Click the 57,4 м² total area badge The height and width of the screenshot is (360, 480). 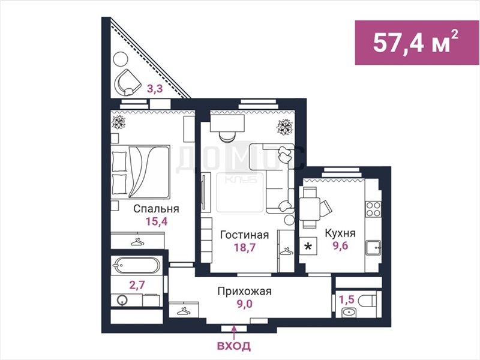[417, 43]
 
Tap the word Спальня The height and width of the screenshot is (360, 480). [156, 209]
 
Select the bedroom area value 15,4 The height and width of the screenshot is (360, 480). [157, 221]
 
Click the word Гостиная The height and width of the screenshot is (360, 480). [245, 235]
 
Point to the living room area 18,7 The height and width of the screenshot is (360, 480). [245, 247]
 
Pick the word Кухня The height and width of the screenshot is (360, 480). [340, 233]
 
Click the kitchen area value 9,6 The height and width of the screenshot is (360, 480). [340, 245]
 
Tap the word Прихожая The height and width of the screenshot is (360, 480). [244, 291]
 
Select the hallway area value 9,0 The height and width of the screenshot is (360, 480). [244, 304]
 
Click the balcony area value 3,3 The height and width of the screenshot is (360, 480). [155, 89]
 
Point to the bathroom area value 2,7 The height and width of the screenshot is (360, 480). [137, 285]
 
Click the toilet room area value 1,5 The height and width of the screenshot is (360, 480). [347, 299]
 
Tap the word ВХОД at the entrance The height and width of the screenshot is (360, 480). [234, 346]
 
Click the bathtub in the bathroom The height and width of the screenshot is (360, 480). [137, 265]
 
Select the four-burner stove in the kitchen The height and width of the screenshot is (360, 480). [373, 209]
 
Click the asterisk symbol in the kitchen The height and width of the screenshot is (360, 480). [308, 247]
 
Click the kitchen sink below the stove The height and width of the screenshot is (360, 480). [373, 248]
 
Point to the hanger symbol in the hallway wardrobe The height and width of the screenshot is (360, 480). [184, 311]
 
